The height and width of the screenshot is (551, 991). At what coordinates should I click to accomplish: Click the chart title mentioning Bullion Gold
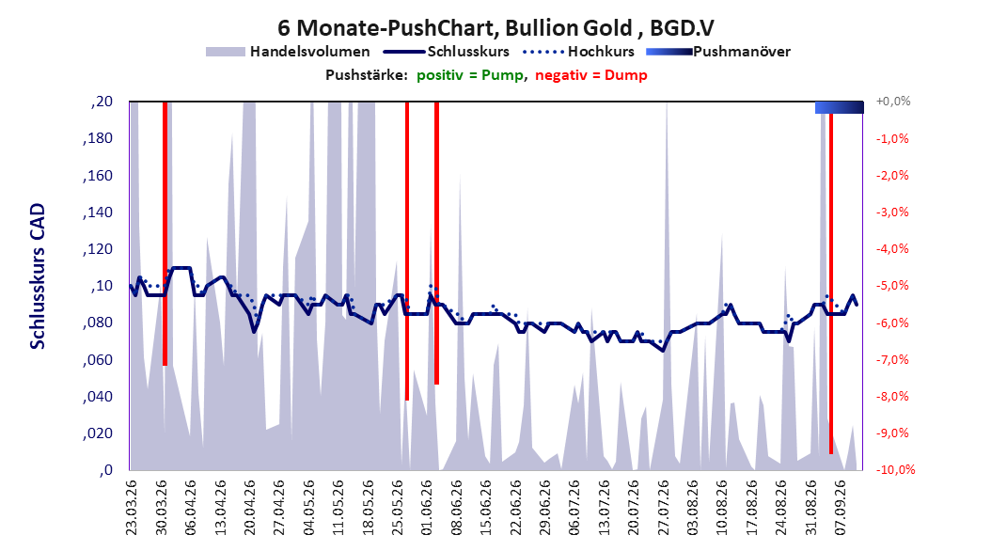495,28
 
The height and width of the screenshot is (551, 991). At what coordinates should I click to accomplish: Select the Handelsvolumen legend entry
288,52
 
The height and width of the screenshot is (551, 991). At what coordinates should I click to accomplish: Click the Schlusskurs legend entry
447,52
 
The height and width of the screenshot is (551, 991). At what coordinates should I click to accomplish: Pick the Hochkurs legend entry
578,52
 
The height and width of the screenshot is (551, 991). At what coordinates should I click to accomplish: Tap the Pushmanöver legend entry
718,52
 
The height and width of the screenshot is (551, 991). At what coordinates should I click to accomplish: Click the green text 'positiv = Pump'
469,75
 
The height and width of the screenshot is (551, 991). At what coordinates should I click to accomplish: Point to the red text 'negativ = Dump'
591,75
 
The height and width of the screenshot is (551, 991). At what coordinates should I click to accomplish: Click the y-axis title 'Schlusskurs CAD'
38,276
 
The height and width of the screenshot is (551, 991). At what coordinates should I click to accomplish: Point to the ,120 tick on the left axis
98,249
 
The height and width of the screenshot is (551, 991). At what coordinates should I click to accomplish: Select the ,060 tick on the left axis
98,360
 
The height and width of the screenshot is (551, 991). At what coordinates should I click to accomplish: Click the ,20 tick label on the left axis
102,102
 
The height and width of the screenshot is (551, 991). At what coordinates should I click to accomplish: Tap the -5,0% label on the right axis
892,286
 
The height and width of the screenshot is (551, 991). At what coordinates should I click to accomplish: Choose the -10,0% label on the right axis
895,469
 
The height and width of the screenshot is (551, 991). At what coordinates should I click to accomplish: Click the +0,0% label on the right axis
893,102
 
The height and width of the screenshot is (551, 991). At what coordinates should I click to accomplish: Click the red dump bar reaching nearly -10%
831,284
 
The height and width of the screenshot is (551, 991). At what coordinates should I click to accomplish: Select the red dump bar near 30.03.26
165,233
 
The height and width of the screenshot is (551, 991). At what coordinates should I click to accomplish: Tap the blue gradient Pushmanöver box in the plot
840,107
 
